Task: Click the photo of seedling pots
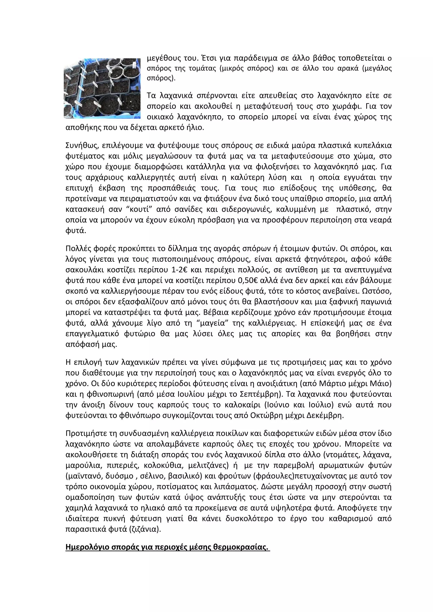click(102, 88)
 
